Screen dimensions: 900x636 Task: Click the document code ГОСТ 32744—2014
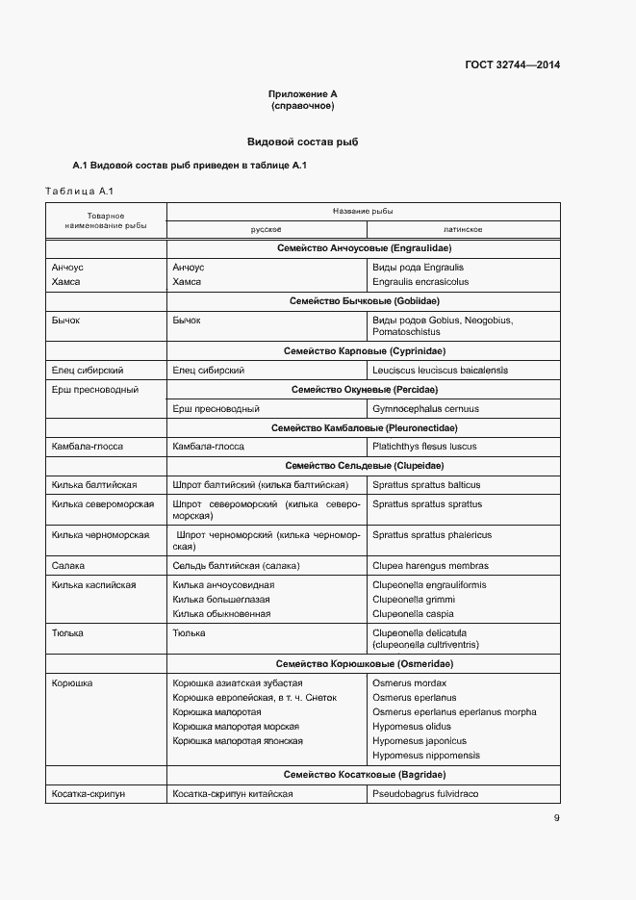pos(512,65)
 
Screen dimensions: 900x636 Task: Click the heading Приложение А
pos(302,93)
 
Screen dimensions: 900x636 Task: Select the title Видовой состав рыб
pos(302,141)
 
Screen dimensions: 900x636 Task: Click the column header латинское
pos(463,230)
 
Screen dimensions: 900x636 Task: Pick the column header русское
pos(266,230)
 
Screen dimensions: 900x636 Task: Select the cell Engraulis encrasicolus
pos(420,282)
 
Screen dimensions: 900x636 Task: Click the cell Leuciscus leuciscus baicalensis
pos(440,370)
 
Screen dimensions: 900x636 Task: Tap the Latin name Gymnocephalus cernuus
pos(425,408)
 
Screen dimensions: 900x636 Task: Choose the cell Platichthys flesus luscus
pos(424,447)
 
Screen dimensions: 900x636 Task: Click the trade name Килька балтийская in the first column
pos(94,485)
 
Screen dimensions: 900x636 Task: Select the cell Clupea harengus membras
pos(430,566)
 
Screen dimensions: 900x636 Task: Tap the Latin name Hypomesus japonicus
pos(420,741)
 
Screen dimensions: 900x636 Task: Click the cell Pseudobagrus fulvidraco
pos(425,794)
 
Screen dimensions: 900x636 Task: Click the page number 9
pos(556,818)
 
